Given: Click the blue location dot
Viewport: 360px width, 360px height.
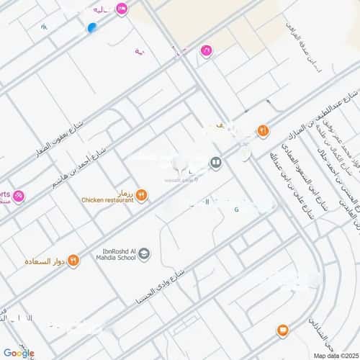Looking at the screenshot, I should tap(91, 28).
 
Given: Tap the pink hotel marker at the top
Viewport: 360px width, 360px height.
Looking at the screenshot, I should tap(122, 9).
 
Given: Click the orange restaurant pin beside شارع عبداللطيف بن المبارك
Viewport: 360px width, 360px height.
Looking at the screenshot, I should tap(263, 131).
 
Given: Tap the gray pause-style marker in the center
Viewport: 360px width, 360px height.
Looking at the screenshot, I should tap(215, 163).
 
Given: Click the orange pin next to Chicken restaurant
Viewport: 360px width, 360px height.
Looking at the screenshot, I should tap(142, 194).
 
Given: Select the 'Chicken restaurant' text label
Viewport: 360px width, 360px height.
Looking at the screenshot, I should tap(107, 200).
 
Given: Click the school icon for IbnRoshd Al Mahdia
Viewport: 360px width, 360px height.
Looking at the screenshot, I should tap(144, 253).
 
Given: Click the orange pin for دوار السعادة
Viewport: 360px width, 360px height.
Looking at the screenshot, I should tap(73, 261).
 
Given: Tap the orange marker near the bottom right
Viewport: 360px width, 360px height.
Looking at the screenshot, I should tap(282, 330).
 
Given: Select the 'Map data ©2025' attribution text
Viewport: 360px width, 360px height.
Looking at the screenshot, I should tap(334, 355).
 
